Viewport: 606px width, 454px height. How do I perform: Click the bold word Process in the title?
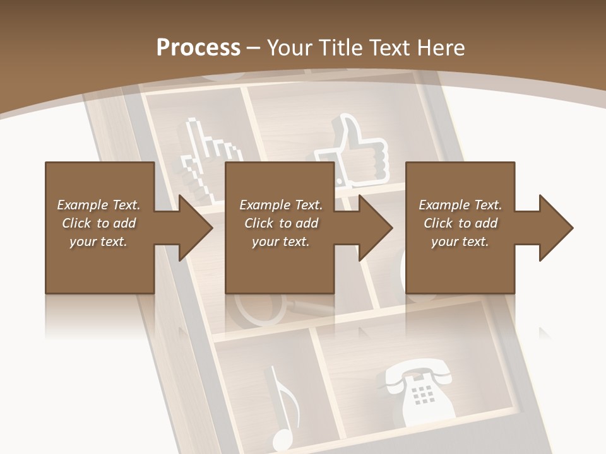point(198,47)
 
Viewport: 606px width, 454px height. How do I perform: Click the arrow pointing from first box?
point(189,228)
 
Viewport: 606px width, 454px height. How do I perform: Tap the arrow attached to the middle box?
point(370,228)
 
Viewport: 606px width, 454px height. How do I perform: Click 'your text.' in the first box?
point(98,241)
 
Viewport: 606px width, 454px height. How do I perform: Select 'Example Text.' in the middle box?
point(280,205)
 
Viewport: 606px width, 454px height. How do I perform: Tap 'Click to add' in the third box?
point(460,223)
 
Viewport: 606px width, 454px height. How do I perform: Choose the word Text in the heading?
point(391,47)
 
